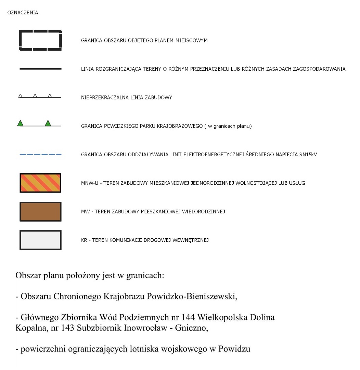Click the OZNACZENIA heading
pos(23,13)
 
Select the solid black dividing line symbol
pos(40,69)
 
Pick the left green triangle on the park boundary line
pos(21,123)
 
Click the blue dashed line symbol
pos(40,155)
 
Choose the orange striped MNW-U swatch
pos(40,183)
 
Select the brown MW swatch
pos(40,211)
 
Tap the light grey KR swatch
pos(40,240)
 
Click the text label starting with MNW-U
pos(193,183)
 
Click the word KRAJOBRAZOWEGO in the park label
pos(180,126)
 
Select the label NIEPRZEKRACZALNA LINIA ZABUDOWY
pos(126,97)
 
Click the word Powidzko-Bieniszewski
pos(192,296)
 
